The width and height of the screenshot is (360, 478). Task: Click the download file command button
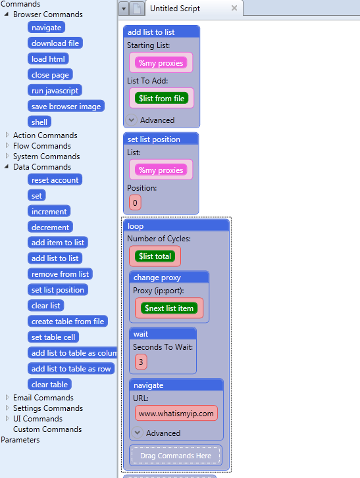[55, 43]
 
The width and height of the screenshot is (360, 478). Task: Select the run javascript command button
[55, 91]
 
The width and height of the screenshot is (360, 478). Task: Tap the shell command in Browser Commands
[39, 122]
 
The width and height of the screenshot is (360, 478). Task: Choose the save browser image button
[66, 107]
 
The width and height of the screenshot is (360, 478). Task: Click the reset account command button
[55, 180]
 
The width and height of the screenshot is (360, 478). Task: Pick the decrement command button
[50, 227]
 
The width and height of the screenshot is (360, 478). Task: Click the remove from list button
[60, 274]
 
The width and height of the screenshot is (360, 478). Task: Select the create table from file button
[68, 322]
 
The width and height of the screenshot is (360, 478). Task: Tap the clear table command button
[50, 385]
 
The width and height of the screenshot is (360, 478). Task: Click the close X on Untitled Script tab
[234, 9]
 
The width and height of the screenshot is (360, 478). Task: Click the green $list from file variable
[162, 98]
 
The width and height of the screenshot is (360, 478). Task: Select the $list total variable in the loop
[155, 256]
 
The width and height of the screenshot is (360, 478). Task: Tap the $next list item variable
[169, 308]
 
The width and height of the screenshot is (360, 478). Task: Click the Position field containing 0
[135, 203]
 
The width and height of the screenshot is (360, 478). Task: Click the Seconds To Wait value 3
[141, 362]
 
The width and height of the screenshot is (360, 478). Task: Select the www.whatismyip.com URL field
[176, 413]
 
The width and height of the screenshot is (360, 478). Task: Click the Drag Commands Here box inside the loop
[176, 456]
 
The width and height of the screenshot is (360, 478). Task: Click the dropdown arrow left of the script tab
[124, 9]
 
